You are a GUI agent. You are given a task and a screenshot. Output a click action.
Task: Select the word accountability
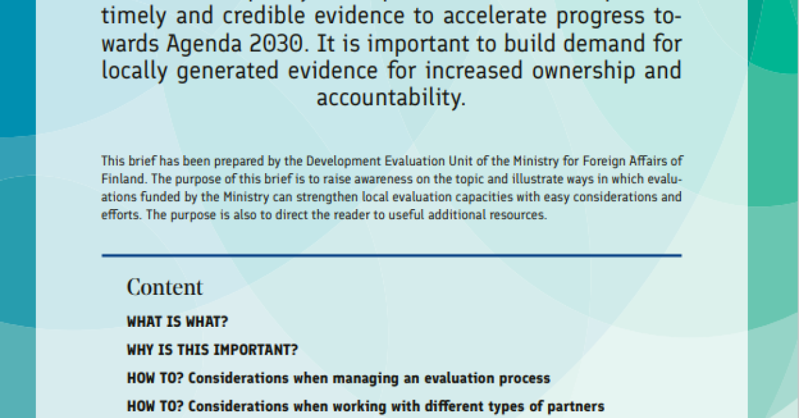tap(391, 97)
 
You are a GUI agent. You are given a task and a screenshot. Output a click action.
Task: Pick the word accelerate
tap(495, 16)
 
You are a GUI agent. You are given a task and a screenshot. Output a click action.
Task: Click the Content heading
tap(165, 287)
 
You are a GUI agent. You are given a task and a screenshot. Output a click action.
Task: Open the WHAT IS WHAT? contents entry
tap(177, 321)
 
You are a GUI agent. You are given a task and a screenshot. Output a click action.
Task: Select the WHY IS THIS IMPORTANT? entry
tap(212, 350)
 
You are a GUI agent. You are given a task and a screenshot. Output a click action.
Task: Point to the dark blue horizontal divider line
tap(392, 256)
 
